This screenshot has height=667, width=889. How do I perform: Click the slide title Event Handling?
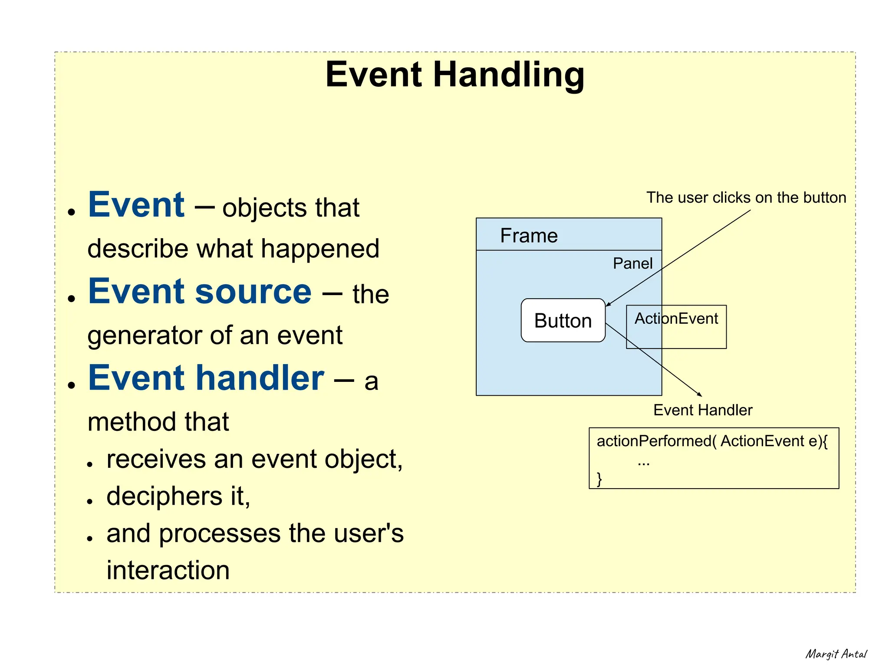(x=454, y=75)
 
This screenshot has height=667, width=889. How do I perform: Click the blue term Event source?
(x=200, y=292)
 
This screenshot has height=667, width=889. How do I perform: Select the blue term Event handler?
(x=206, y=378)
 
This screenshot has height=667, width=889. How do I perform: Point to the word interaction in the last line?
(x=168, y=570)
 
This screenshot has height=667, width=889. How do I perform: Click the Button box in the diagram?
(x=563, y=321)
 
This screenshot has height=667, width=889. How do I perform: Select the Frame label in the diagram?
(x=529, y=236)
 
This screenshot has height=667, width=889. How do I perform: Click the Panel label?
(x=632, y=263)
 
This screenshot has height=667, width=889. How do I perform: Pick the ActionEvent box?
(x=676, y=326)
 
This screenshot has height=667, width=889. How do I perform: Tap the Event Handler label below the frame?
(x=702, y=410)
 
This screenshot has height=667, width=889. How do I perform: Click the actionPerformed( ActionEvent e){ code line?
(x=712, y=441)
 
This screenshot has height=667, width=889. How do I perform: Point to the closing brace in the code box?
(x=599, y=479)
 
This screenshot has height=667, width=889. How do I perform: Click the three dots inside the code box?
(x=643, y=464)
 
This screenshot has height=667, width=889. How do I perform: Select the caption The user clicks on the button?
(x=746, y=197)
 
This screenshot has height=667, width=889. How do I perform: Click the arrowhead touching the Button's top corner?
(x=609, y=304)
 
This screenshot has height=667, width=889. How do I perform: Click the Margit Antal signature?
(x=836, y=654)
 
